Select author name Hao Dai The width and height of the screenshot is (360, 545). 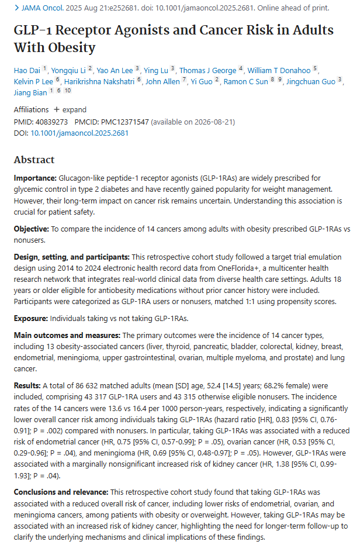(27, 70)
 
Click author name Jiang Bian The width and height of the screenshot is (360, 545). (30, 92)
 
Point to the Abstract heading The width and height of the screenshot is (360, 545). (34, 160)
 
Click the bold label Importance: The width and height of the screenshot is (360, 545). (35, 177)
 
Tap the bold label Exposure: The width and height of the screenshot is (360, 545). (32, 318)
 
